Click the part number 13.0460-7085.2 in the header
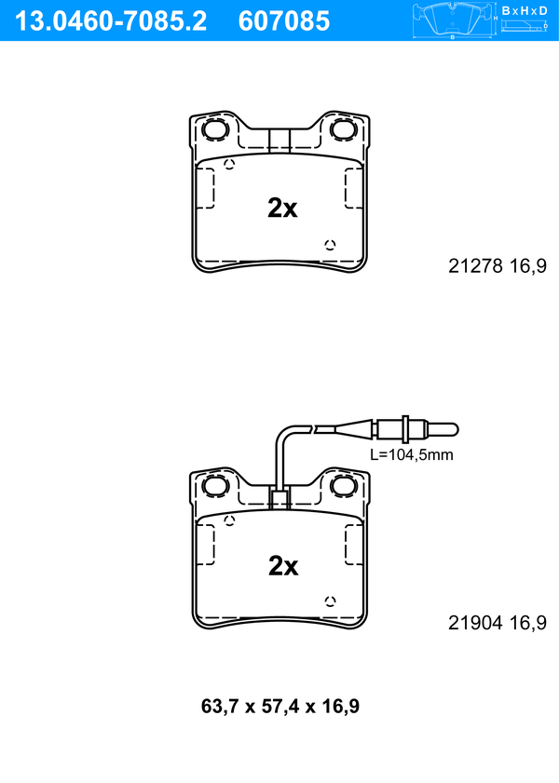coord(111,21)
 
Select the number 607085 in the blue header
coord(284,21)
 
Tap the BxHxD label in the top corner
coord(525,10)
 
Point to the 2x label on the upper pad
coord(282,208)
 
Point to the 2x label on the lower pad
coord(282,566)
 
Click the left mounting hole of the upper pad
coord(216,129)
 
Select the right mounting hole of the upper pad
coord(343,129)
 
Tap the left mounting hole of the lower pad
coord(216,485)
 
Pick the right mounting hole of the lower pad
coord(343,485)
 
